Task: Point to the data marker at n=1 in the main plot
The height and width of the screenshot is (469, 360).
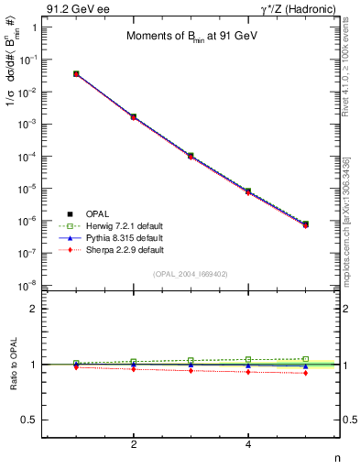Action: coord(76,73)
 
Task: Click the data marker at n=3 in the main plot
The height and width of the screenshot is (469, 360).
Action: coord(191,156)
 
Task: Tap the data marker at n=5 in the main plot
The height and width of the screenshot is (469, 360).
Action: coord(305,224)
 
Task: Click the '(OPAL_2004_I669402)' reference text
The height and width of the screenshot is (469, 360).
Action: coord(191,273)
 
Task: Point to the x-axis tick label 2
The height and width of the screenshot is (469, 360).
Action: coord(134,445)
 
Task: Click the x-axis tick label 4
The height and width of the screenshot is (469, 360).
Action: coord(248,445)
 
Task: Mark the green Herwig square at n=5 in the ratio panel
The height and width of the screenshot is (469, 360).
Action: coord(305,359)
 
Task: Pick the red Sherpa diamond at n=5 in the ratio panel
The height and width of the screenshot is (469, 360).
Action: coord(305,373)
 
